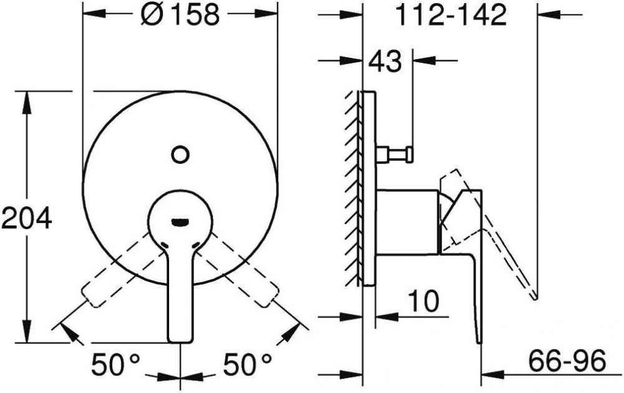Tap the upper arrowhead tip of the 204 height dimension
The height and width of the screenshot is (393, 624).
click(x=27, y=92)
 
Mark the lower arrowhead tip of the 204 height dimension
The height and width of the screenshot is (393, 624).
click(x=27, y=342)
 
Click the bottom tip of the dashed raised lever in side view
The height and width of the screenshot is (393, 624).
click(x=535, y=298)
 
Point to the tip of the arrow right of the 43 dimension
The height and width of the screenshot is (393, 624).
click(x=414, y=60)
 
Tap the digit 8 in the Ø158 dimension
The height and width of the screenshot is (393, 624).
click(x=208, y=15)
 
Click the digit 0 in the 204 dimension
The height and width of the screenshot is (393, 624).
click(x=26, y=217)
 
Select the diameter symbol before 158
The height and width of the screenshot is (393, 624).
click(x=151, y=15)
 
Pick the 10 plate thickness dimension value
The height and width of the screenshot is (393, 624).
click(x=424, y=301)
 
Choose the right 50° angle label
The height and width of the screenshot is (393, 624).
click(x=247, y=364)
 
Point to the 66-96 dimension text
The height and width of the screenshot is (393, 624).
click(x=567, y=361)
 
